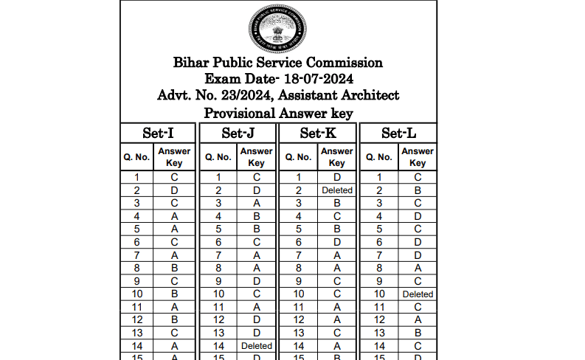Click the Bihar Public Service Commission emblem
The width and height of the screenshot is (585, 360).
click(278, 27)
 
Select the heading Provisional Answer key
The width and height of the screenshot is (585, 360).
click(278, 113)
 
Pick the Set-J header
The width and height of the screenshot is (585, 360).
click(238, 134)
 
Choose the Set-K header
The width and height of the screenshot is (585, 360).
click(318, 134)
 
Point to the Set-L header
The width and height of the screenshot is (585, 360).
click(398, 134)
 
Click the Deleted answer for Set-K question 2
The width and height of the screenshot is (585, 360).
click(336, 190)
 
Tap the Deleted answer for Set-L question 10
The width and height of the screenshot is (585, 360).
click(418, 294)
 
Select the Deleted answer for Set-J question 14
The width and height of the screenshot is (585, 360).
click(256, 346)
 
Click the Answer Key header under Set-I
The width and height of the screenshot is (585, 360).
click(175, 157)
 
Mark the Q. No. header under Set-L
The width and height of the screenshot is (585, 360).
click(379, 157)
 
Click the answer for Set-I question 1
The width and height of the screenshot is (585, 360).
click(175, 177)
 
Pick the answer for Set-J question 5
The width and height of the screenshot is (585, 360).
click(256, 229)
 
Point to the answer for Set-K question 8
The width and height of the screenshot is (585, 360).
click(336, 268)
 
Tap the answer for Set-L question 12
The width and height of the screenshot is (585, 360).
click(418, 319)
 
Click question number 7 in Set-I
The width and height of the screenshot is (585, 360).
click(137, 255)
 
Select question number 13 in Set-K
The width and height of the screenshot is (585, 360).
click(299, 333)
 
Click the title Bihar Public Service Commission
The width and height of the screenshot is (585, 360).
click(278, 63)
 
